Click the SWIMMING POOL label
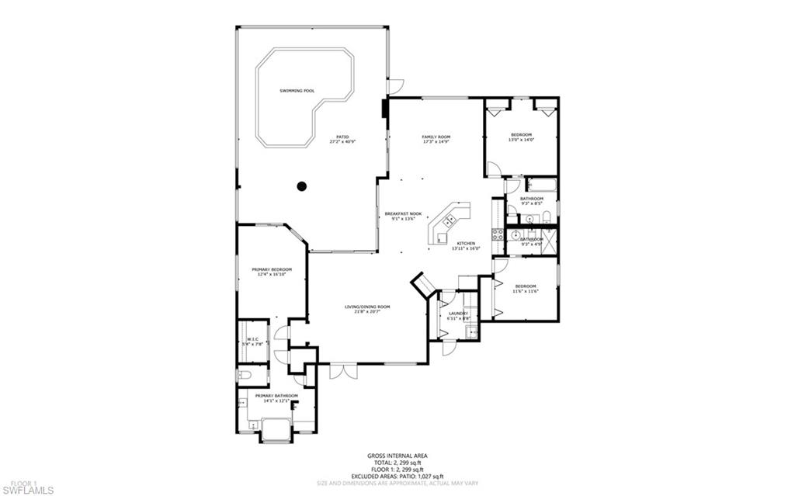297,91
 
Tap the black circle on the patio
302,186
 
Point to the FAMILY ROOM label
436,137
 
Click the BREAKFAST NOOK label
402,213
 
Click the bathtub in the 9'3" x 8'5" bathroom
541,186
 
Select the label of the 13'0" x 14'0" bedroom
521,134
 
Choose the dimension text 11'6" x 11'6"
526,292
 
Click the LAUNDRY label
458,314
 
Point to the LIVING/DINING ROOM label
367,307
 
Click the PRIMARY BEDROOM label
271,269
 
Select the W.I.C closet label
252,339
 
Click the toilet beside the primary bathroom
245,376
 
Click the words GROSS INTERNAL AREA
397,456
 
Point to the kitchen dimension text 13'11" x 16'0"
468,248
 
